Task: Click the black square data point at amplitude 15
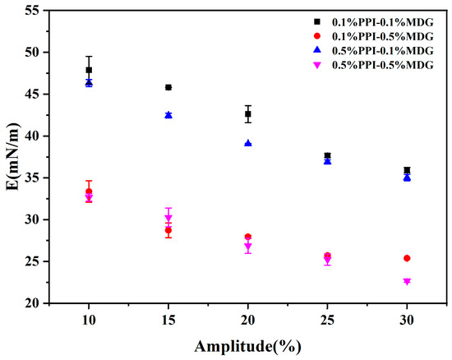168,87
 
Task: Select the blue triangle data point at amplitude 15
168,115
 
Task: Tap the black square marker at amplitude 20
248,114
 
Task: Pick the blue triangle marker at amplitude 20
248,143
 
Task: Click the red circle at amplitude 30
407,258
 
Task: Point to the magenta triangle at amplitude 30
407,281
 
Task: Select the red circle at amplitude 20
248,237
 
